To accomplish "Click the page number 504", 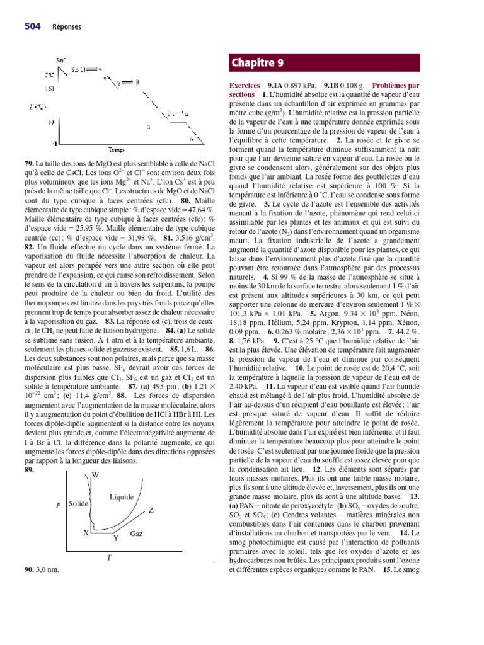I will (x=33, y=26).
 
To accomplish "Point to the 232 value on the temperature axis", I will (x=50, y=75).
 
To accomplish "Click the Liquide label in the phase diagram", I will (x=122, y=497).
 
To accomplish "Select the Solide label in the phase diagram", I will (x=79, y=505).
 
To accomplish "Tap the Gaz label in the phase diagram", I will (x=136, y=534).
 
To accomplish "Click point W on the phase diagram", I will (x=95, y=474).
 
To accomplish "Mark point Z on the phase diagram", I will (x=151, y=509).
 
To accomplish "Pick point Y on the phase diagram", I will (x=115, y=539).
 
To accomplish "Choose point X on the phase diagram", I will (x=86, y=533).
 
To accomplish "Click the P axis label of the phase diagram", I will (x=59, y=505).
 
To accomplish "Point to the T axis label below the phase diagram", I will (x=109, y=557).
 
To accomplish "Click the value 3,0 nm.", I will (x=48, y=569).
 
